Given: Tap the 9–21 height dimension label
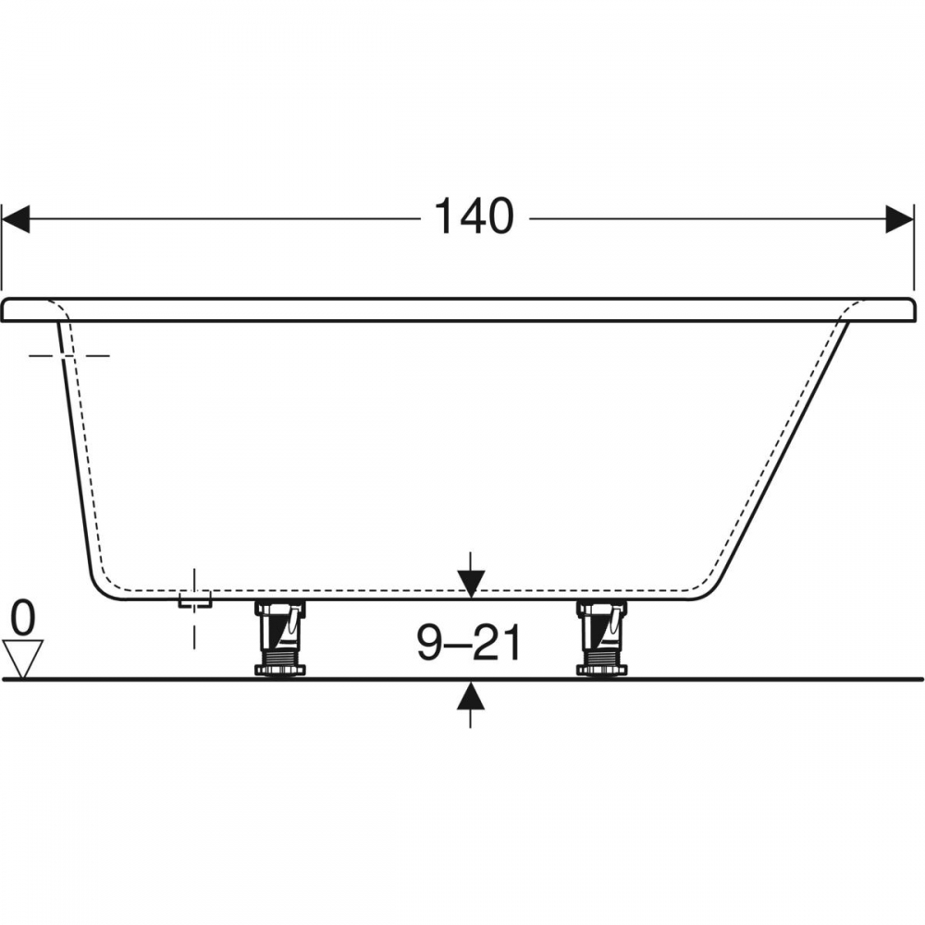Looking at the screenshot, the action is [x=470, y=644].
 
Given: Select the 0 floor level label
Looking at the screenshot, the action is [x=24, y=618].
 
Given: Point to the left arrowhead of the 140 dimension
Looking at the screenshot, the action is [x=16, y=219].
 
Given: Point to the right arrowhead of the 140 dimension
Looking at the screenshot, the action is [x=900, y=219].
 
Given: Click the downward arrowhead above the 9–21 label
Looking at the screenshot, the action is [x=471, y=584].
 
